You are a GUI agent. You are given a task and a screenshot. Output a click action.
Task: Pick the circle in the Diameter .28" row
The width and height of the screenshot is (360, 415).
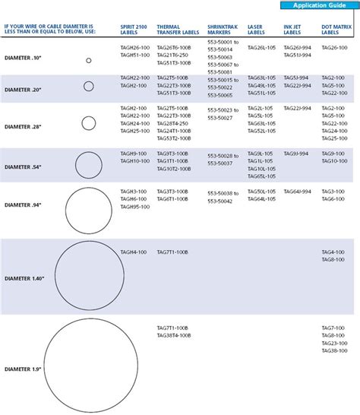pos(88,122)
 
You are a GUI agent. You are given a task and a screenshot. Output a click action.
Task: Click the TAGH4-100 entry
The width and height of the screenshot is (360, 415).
pos(134,252)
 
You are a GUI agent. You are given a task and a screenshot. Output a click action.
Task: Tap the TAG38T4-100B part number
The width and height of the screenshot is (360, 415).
pos(174,335)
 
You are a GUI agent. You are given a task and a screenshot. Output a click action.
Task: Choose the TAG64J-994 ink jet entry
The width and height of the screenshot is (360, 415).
pos(296,192)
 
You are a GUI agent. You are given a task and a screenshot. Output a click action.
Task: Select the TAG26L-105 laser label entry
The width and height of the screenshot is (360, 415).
pos(261,48)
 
